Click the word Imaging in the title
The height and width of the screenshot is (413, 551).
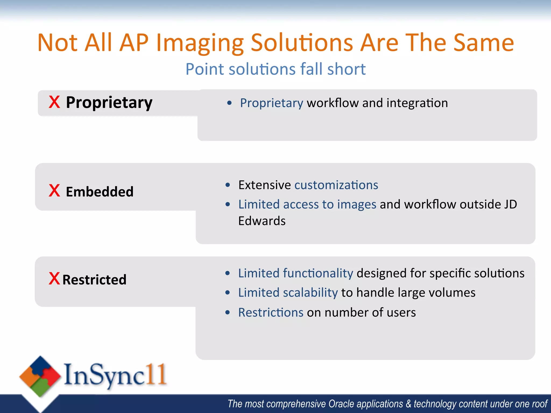tap(199, 43)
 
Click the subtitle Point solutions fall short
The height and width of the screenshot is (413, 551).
tap(275, 69)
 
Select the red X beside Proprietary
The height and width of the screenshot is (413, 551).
tap(54, 102)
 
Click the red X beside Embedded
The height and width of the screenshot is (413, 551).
tap(54, 191)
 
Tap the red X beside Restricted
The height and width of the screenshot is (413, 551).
tap(54, 279)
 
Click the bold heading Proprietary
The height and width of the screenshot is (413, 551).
tap(109, 103)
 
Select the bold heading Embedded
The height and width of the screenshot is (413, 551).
tap(100, 192)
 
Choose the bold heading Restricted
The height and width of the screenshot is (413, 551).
tap(94, 280)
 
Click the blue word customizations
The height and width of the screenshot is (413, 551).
tap(336, 185)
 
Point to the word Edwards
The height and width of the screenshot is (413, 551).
tap(262, 221)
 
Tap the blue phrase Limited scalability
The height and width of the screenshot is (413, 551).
tap(288, 293)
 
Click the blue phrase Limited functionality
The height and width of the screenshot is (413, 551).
tap(295, 273)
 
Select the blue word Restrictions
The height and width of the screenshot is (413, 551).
tap(271, 312)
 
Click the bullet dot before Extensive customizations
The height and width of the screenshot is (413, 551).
tap(228, 185)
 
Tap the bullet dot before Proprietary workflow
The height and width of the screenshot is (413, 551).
tap(229, 103)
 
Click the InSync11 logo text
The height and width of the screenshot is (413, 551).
tap(115, 375)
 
